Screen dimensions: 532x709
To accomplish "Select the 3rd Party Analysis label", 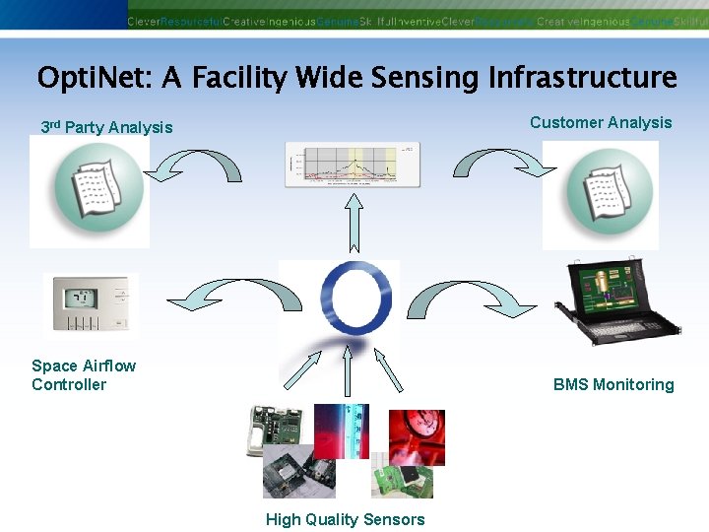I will pos(106,127).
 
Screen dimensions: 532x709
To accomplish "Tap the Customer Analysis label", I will pos(601,122).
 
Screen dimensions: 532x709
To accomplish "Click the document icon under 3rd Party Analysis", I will pos(90,191).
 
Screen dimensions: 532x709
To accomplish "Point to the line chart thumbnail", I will pos(352,165).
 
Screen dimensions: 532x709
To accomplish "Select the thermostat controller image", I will pos(91,304).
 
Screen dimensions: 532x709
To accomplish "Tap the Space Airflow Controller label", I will pos(84,375).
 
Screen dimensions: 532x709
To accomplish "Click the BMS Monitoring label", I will pos(613,384).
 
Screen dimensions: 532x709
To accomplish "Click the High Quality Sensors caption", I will pos(345,519).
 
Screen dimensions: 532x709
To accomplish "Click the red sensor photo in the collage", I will pos(417,436).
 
